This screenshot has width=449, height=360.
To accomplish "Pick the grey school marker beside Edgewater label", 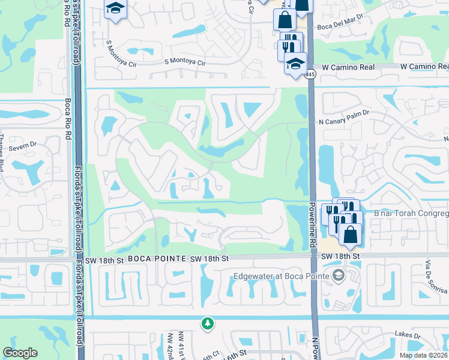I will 339,275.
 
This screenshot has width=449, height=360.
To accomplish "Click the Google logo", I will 20,353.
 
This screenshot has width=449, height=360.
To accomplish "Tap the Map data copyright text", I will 423,356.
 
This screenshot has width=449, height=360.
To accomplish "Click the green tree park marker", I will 208,323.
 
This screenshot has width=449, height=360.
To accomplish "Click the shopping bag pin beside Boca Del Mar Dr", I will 285,19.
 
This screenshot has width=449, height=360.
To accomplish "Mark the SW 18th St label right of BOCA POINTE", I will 209,258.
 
